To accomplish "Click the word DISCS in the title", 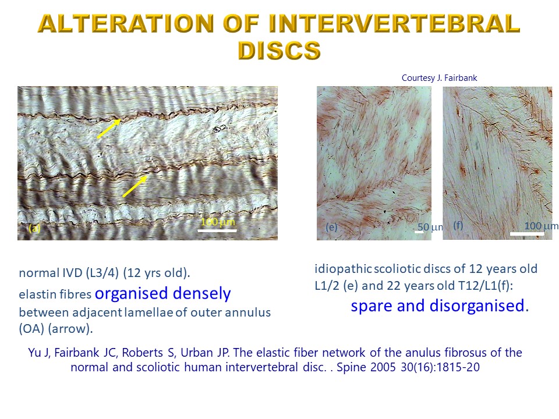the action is tap(279, 50).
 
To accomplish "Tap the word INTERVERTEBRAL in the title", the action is tap(394, 23).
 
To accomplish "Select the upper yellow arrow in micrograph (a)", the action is tap(109, 128).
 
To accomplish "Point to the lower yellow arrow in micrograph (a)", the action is tap(135, 186).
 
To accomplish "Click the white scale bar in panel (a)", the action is tap(217, 230).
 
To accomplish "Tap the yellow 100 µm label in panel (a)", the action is tap(218, 222).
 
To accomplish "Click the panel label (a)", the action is tap(34, 228).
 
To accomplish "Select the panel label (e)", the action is tap(331, 227).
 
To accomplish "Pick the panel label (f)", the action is tap(458, 225).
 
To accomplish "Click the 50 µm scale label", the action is tap(430, 227).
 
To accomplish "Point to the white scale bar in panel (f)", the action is tap(527, 234).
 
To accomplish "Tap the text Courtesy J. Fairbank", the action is tap(439, 78).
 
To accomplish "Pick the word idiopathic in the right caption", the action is tap(343, 269).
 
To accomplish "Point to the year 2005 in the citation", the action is tap(383, 367).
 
